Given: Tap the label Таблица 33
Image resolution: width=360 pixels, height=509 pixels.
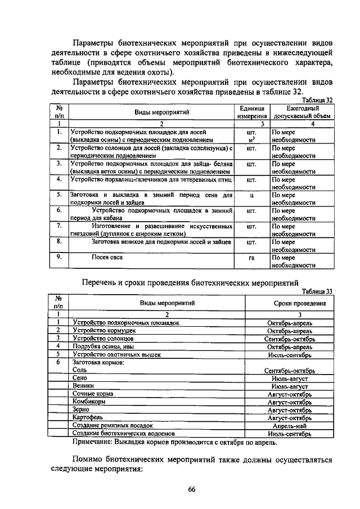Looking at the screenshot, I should coord(317,291).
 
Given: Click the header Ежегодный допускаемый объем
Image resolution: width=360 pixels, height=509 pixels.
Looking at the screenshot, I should coord(302,112).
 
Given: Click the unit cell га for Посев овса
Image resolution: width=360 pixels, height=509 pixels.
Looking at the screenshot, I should coord(252,258).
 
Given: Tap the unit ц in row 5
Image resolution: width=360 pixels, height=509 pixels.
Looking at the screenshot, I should coord(252,195).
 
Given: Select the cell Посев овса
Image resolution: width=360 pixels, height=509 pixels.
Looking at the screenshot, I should coord(107,258).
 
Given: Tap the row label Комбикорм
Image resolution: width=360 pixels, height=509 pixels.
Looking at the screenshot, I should coord(89,402).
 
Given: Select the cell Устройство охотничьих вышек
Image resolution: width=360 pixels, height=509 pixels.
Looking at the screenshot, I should coord(117,355).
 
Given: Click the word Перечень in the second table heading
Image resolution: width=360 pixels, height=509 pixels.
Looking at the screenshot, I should coord(104,281).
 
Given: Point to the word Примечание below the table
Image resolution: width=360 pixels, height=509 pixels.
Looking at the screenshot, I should coord(94,442).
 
